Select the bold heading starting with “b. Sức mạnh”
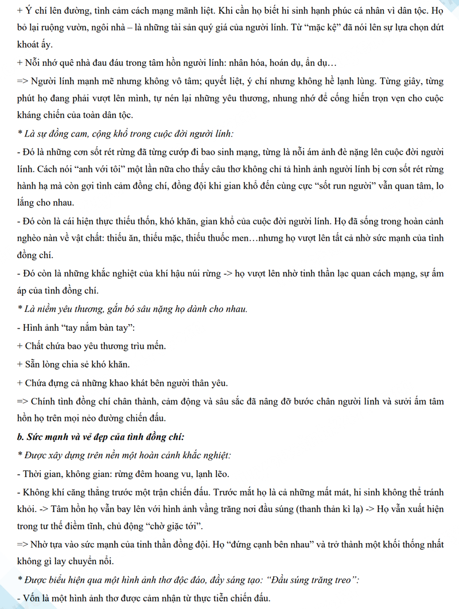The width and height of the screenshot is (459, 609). pos(100,436)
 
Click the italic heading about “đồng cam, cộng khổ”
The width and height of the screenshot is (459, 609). pos(126,134)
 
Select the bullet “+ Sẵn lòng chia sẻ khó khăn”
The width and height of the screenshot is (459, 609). pos(74,364)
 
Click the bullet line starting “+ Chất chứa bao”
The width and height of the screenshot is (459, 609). pos(92,346)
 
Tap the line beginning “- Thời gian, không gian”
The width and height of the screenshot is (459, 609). pos(123,474)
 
